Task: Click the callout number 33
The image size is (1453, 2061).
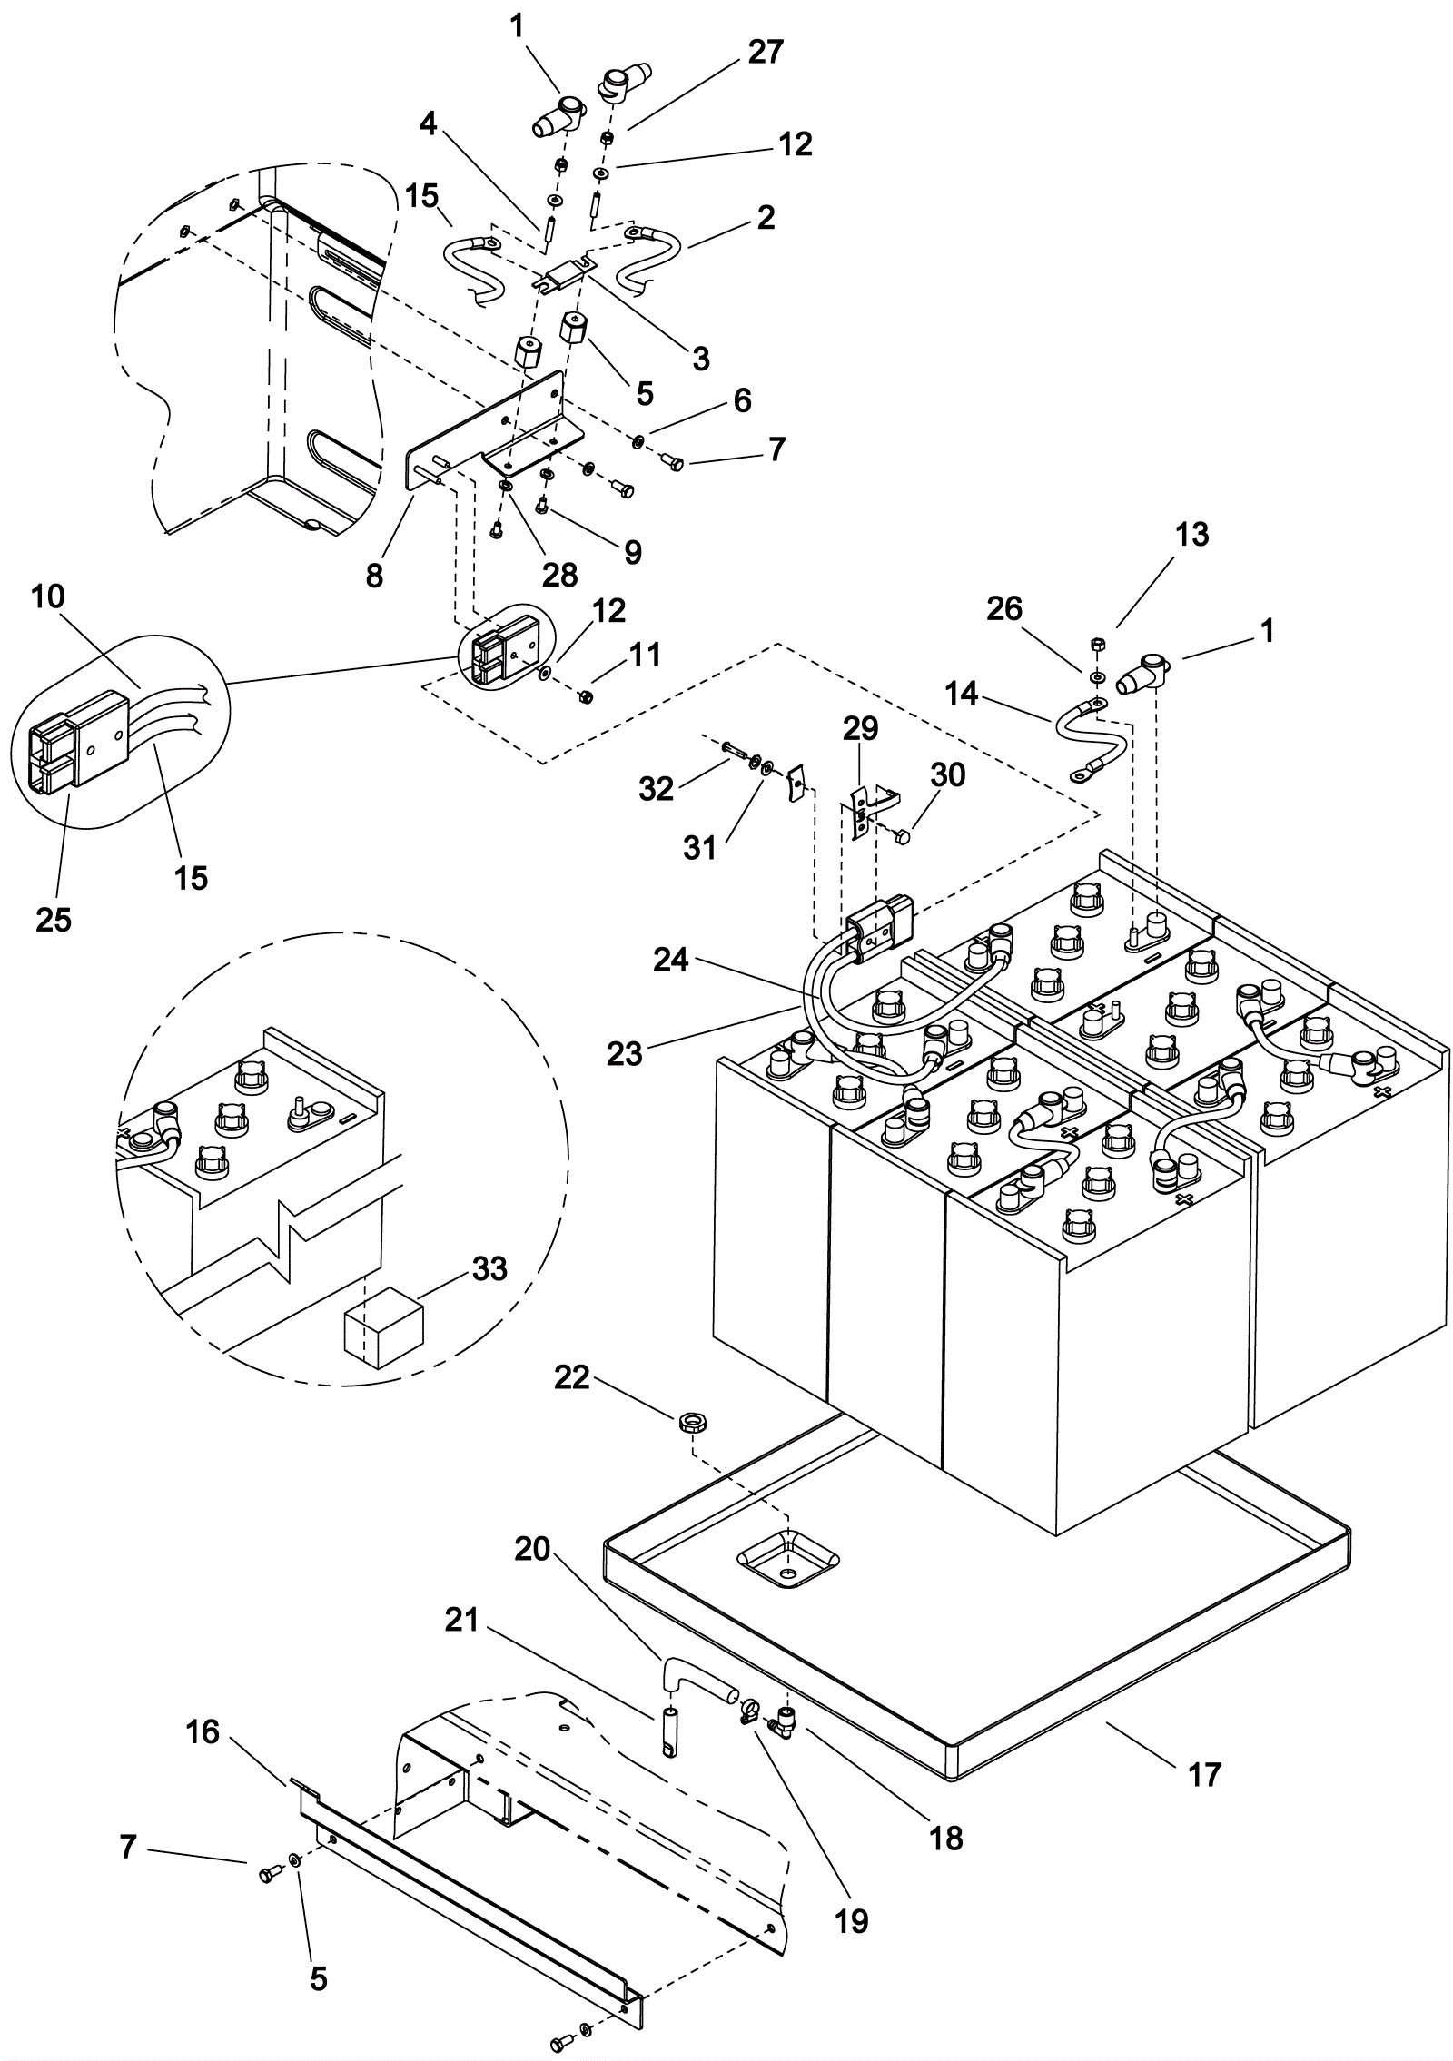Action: pos(489,1268)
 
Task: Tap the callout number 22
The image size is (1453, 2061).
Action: pos(572,1378)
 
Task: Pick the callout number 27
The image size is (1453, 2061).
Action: pos(765,53)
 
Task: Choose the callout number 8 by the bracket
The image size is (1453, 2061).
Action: pos(375,574)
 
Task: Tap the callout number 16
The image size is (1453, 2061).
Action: pos(203,1731)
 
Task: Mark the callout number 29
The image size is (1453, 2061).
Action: pos(861,728)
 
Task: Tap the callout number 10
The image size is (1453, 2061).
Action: pos(48,597)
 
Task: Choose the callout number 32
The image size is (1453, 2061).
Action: pos(656,789)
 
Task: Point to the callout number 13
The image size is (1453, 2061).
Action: pos(1191,535)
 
